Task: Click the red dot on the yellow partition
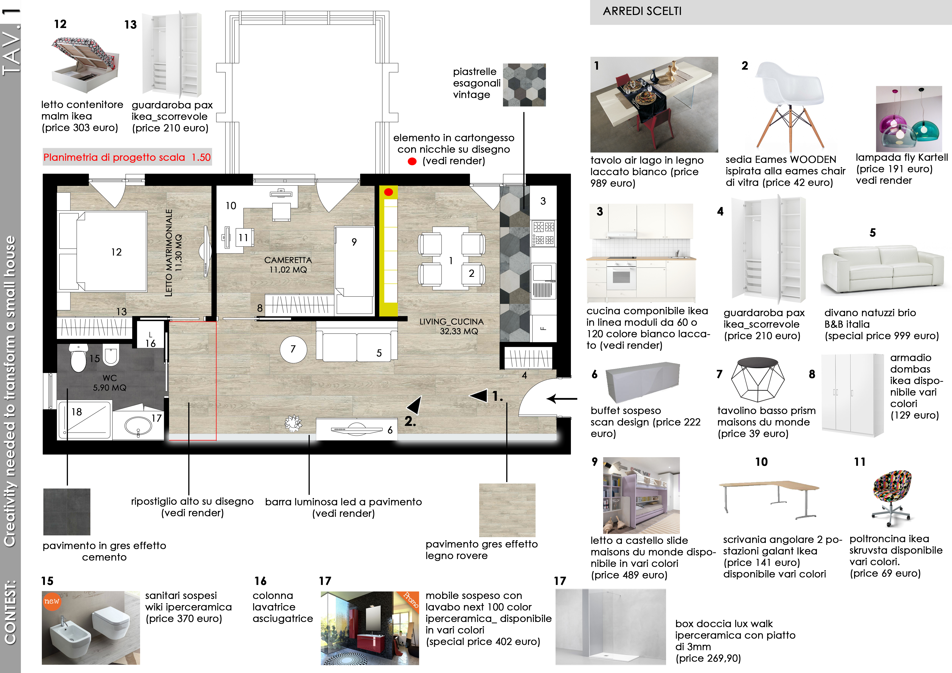(389, 192)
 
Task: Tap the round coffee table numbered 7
(293, 349)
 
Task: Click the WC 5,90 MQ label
(110, 383)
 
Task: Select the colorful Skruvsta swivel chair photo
(892, 497)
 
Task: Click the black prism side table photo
(758, 379)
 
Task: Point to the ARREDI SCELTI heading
(642, 11)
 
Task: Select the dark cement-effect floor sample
(67, 512)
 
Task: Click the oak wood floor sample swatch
(507, 510)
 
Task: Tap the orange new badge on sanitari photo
(52, 601)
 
